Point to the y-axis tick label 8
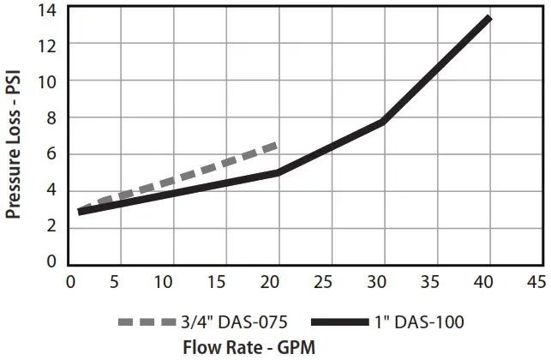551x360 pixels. [x=51, y=117]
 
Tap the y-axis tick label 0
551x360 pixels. [x=51, y=261]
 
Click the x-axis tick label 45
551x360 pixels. [x=536, y=280]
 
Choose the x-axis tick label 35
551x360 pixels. [x=431, y=280]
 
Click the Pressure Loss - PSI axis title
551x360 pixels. [x=15, y=143]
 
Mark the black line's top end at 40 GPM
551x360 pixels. [x=488, y=18]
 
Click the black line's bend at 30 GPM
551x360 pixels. [x=383, y=122]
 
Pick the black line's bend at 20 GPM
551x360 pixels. [x=278, y=173]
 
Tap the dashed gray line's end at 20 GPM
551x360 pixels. [x=276, y=145]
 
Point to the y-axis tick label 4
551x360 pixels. [x=51, y=189]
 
